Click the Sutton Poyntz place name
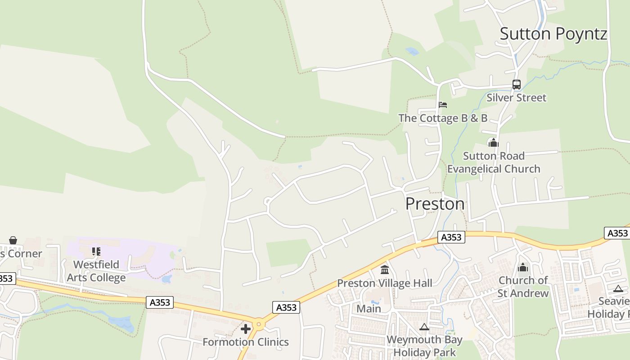point(553,34)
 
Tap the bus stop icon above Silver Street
point(516,85)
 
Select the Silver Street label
point(516,98)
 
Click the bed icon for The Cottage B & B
point(443,105)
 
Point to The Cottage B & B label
point(443,118)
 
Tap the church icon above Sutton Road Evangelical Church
point(494,143)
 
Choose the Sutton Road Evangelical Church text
point(494,162)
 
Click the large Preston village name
point(435,204)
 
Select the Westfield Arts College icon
point(96,251)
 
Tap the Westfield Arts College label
point(96,271)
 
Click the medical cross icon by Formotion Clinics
point(246,329)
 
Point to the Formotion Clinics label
point(246,342)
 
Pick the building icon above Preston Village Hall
point(385,270)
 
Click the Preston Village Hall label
point(385,283)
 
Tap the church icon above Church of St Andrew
point(523,267)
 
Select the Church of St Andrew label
point(523,287)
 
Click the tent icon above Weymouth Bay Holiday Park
point(424,327)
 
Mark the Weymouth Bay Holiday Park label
point(424,346)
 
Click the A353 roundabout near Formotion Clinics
point(259,324)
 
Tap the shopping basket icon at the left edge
point(13,240)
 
